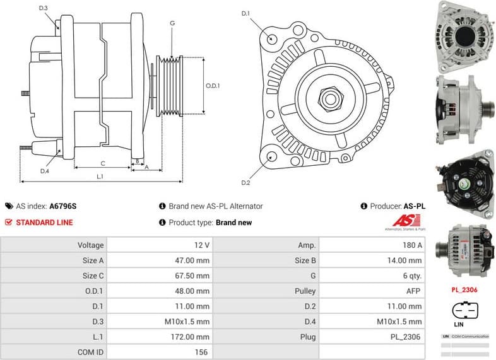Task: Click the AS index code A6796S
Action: coord(63,206)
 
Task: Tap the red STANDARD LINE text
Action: coord(44,223)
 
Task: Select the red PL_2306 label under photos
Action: coord(464,291)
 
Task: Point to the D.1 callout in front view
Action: coord(246,13)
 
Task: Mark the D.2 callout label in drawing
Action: coord(246,183)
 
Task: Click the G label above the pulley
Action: coord(172,23)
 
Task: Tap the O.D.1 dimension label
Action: coord(213,86)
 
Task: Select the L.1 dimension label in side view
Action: coord(100,177)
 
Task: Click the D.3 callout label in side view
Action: coord(43,8)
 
